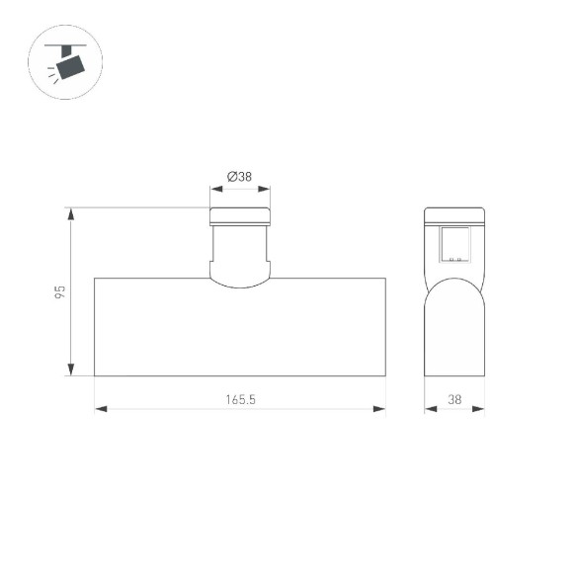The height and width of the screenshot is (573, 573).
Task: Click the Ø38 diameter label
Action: click(239, 177)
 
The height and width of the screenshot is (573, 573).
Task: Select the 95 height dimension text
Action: click(59, 292)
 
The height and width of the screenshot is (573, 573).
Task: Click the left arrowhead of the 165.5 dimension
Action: click(100, 409)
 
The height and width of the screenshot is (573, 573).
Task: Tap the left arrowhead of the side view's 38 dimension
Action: click(430, 409)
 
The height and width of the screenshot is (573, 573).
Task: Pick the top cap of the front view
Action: click(240, 216)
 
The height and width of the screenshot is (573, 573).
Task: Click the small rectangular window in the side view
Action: click(455, 244)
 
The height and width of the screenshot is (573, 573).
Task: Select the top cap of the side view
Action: click(454, 216)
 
